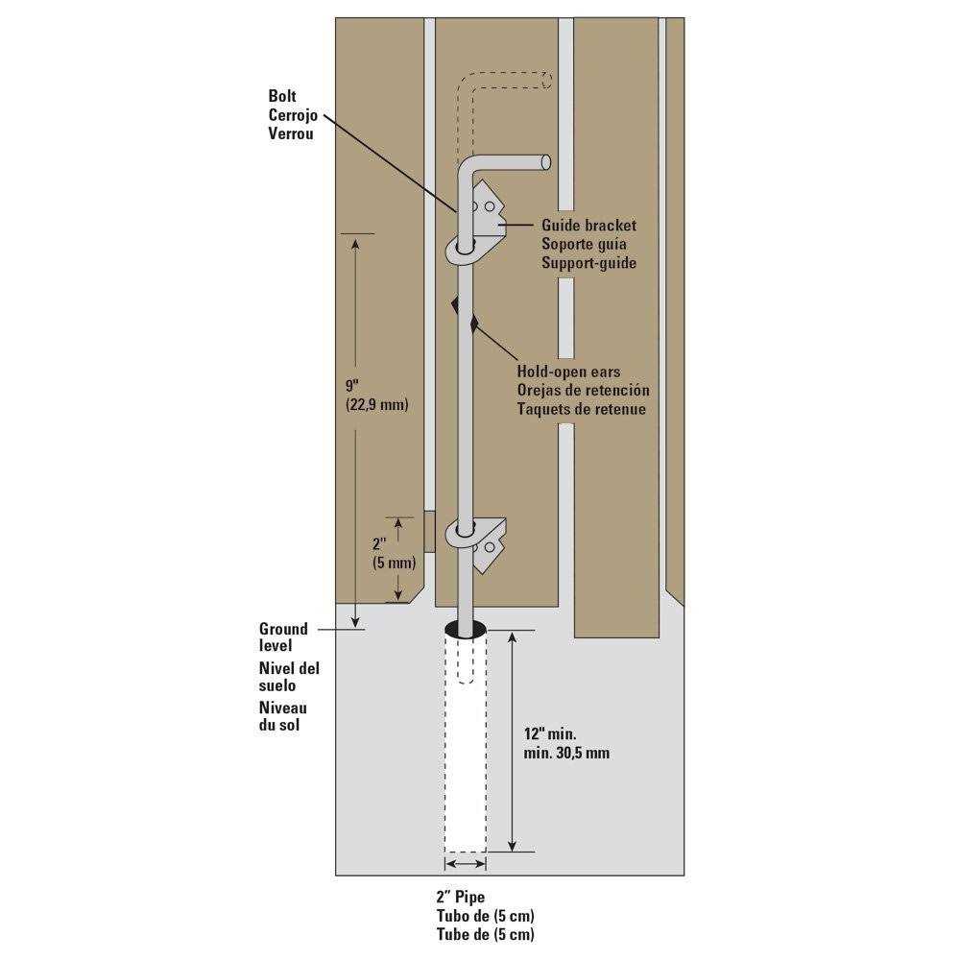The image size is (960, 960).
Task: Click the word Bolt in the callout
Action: (282, 96)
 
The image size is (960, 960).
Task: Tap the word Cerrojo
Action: (293, 115)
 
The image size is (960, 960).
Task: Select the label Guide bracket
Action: (589, 226)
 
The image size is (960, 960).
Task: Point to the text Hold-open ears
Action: (568, 372)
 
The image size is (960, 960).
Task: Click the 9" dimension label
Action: (352, 386)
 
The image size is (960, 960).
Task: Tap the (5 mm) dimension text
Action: (394, 562)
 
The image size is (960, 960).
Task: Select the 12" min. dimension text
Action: (550, 733)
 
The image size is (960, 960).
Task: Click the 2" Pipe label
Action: (461, 897)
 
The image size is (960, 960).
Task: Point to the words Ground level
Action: (283, 636)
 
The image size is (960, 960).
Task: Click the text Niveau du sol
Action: (283, 716)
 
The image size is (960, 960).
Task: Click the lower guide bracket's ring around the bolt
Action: (465, 534)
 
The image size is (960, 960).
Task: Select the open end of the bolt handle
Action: (546, 162)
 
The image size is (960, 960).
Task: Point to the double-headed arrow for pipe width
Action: (466, 864)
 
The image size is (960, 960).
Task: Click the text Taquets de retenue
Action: (581, 409)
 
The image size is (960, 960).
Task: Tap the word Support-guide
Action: (589, 263)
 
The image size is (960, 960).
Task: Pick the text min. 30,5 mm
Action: (566, 753)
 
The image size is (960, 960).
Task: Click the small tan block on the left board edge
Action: (429, 532)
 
